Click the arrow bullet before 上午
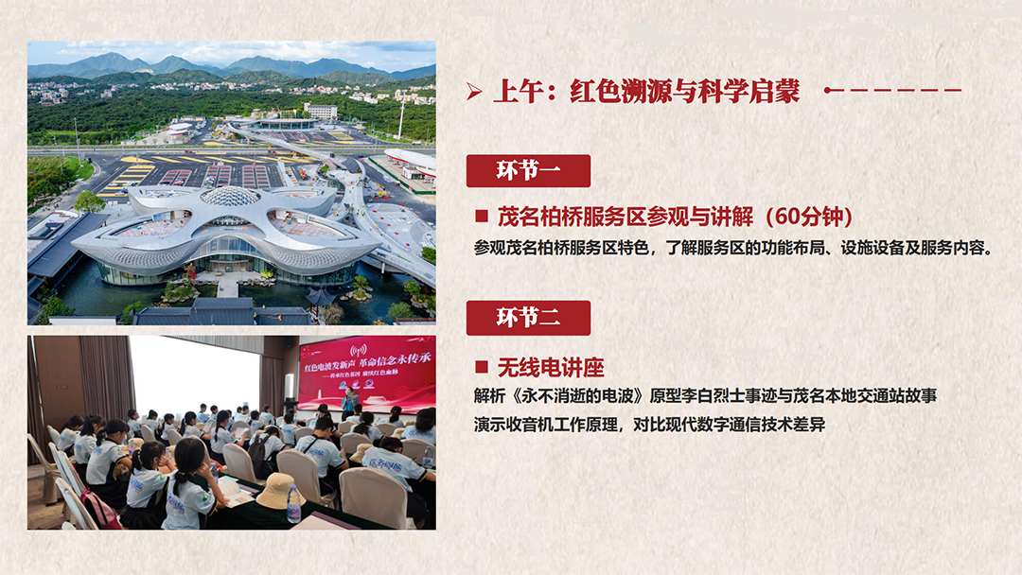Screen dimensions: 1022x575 coord(474,92)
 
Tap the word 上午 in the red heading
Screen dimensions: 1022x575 coord(519,91)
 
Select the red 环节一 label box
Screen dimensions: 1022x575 coord(528,170)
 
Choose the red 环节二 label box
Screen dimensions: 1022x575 coord(528,318)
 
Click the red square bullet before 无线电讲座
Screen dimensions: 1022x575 coord(482,367)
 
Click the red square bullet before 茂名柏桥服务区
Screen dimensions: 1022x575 coord(482,217)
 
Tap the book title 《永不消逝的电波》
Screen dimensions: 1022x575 coord(577,396)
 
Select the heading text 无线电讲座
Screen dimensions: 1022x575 coord(551,367)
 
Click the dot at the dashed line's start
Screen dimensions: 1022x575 coord(828,91)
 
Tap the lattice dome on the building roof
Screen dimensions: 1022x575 coord(229,196)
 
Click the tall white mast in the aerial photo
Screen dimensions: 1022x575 coord(401,117)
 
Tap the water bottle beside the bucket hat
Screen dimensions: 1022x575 coord(294,504)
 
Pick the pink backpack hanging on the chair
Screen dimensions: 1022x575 coord(99,510)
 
